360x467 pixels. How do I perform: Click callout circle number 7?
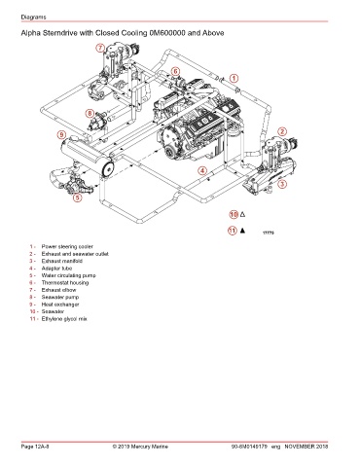pos(100,48)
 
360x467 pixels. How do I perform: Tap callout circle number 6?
pos(175,71)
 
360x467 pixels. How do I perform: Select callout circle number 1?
pos(234,78)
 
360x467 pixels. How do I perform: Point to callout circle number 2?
pos(282,131)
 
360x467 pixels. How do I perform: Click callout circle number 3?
pos(282,184)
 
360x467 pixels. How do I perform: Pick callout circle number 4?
pos(202,170)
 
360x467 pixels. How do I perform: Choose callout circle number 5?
pos(77,197)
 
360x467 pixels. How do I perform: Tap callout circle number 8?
pos(90,114)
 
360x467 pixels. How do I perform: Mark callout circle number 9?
pos(61,134)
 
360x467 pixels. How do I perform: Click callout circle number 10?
pos(234,214)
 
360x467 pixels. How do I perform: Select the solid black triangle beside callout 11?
pos(242,231)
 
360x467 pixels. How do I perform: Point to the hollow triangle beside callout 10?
pos(242,214)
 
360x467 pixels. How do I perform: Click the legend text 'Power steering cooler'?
pos(67,246)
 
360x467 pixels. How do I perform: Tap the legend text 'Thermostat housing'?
pos(65,283)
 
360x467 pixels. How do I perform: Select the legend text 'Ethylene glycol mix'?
pos(64,319)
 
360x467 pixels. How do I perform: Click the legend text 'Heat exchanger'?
pos(60,305)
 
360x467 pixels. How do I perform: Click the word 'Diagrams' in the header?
pos(33,17)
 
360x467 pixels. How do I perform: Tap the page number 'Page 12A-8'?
pos(35,447)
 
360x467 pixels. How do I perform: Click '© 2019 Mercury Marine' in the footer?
pos(140,447)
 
